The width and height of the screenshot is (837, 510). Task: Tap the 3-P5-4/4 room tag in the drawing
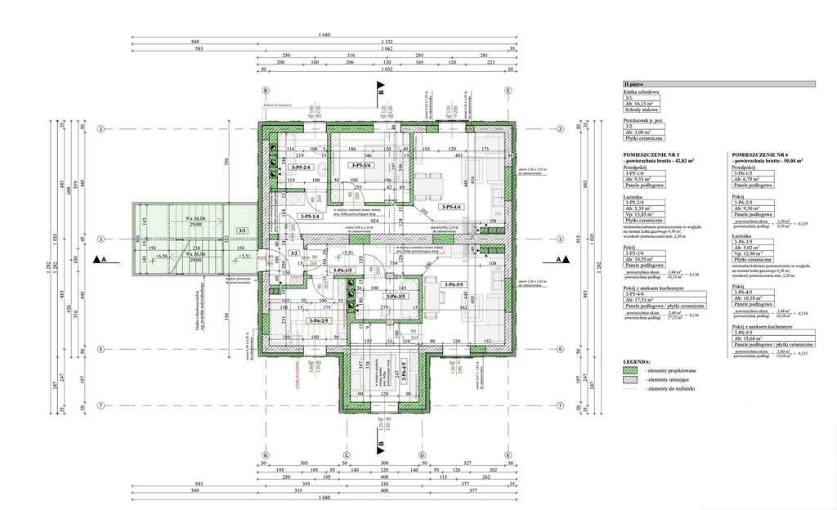coord(450,208)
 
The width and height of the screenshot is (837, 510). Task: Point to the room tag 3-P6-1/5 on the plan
coord(343,270)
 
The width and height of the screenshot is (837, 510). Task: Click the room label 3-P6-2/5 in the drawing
coord(319,320)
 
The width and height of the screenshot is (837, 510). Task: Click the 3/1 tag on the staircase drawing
coord(242,231)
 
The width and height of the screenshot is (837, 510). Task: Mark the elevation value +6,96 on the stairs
coord(166,257)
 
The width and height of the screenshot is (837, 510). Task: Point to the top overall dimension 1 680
coord(325,35)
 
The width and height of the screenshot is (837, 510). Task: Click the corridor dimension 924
coord(376,221)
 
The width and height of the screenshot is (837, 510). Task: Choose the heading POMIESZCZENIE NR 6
coord(760,154)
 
